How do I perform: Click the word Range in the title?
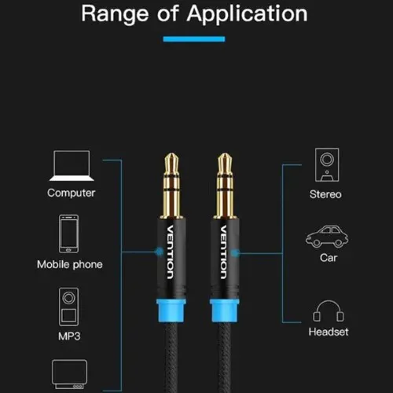click(x=115, y=14)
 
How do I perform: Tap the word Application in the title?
click(x=247, y=14)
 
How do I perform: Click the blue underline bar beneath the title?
click(x=194, y=39)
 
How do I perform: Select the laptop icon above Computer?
click(x=72, y=166)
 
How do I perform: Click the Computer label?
click(x=72, y=193)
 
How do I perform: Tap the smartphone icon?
click(x=68, y=233)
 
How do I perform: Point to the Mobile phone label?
click(x=70, y=264)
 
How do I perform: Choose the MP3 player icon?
click(x=68, y=307)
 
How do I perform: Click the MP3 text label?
click(x=69, y=336)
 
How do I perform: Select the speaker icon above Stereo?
click(x=327, y=165)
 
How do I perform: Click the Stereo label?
click(x=325, y=194)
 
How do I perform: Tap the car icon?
click(x=327, y=237)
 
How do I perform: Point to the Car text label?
click(x=329, y=258)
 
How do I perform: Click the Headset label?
click(x=329, y=332)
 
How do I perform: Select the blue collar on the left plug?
click(x=171, y=311)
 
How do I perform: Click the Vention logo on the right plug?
click(x=223, y=252)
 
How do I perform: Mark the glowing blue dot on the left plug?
click(x=159, y=252)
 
